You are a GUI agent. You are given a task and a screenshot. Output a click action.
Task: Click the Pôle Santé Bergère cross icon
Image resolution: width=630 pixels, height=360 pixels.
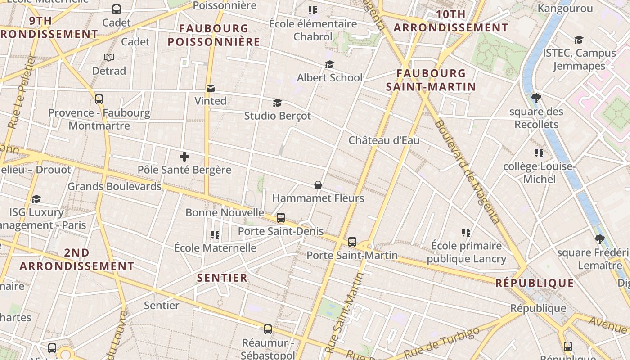coord(184,157)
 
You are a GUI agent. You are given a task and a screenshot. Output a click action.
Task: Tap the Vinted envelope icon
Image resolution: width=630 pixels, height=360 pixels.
coord(210,88)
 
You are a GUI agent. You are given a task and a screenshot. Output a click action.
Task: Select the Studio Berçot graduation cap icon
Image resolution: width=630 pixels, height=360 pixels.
coord(277,103)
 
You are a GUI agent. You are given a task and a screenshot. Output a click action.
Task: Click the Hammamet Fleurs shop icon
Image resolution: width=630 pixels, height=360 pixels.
coord(318,185)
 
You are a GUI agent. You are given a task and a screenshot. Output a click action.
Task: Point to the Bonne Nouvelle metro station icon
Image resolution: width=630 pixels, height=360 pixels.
coord(281,218)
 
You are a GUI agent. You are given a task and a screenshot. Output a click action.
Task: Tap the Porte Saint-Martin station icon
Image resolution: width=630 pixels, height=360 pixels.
coord(352,242)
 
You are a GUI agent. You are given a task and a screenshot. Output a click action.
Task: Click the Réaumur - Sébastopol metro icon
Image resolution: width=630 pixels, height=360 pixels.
coord(268,329)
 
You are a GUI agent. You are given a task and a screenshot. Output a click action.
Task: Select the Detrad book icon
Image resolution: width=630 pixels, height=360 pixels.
coord(108,57)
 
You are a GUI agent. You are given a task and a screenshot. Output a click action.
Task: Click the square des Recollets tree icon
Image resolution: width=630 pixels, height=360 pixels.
coord(536,98)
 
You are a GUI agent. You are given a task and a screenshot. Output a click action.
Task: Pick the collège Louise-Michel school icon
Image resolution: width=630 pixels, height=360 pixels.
coord(539,153)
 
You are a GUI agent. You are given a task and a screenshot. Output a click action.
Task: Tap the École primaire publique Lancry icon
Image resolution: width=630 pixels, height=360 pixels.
coord(466,233)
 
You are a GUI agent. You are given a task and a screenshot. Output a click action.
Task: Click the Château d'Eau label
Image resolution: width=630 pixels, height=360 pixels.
coord(384,140)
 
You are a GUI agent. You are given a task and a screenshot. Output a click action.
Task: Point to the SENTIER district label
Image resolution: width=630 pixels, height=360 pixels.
coord(222,278)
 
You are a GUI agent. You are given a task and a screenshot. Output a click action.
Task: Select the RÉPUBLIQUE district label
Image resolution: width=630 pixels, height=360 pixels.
coord(535,283)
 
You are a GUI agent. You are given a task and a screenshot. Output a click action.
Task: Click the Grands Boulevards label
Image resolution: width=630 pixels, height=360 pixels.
coord(114,186)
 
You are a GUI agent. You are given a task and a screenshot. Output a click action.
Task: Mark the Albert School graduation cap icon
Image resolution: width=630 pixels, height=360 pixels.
coord(329,65)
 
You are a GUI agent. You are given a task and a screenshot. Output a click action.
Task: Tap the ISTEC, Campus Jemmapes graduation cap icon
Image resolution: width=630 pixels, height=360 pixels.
coord(579,40)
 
